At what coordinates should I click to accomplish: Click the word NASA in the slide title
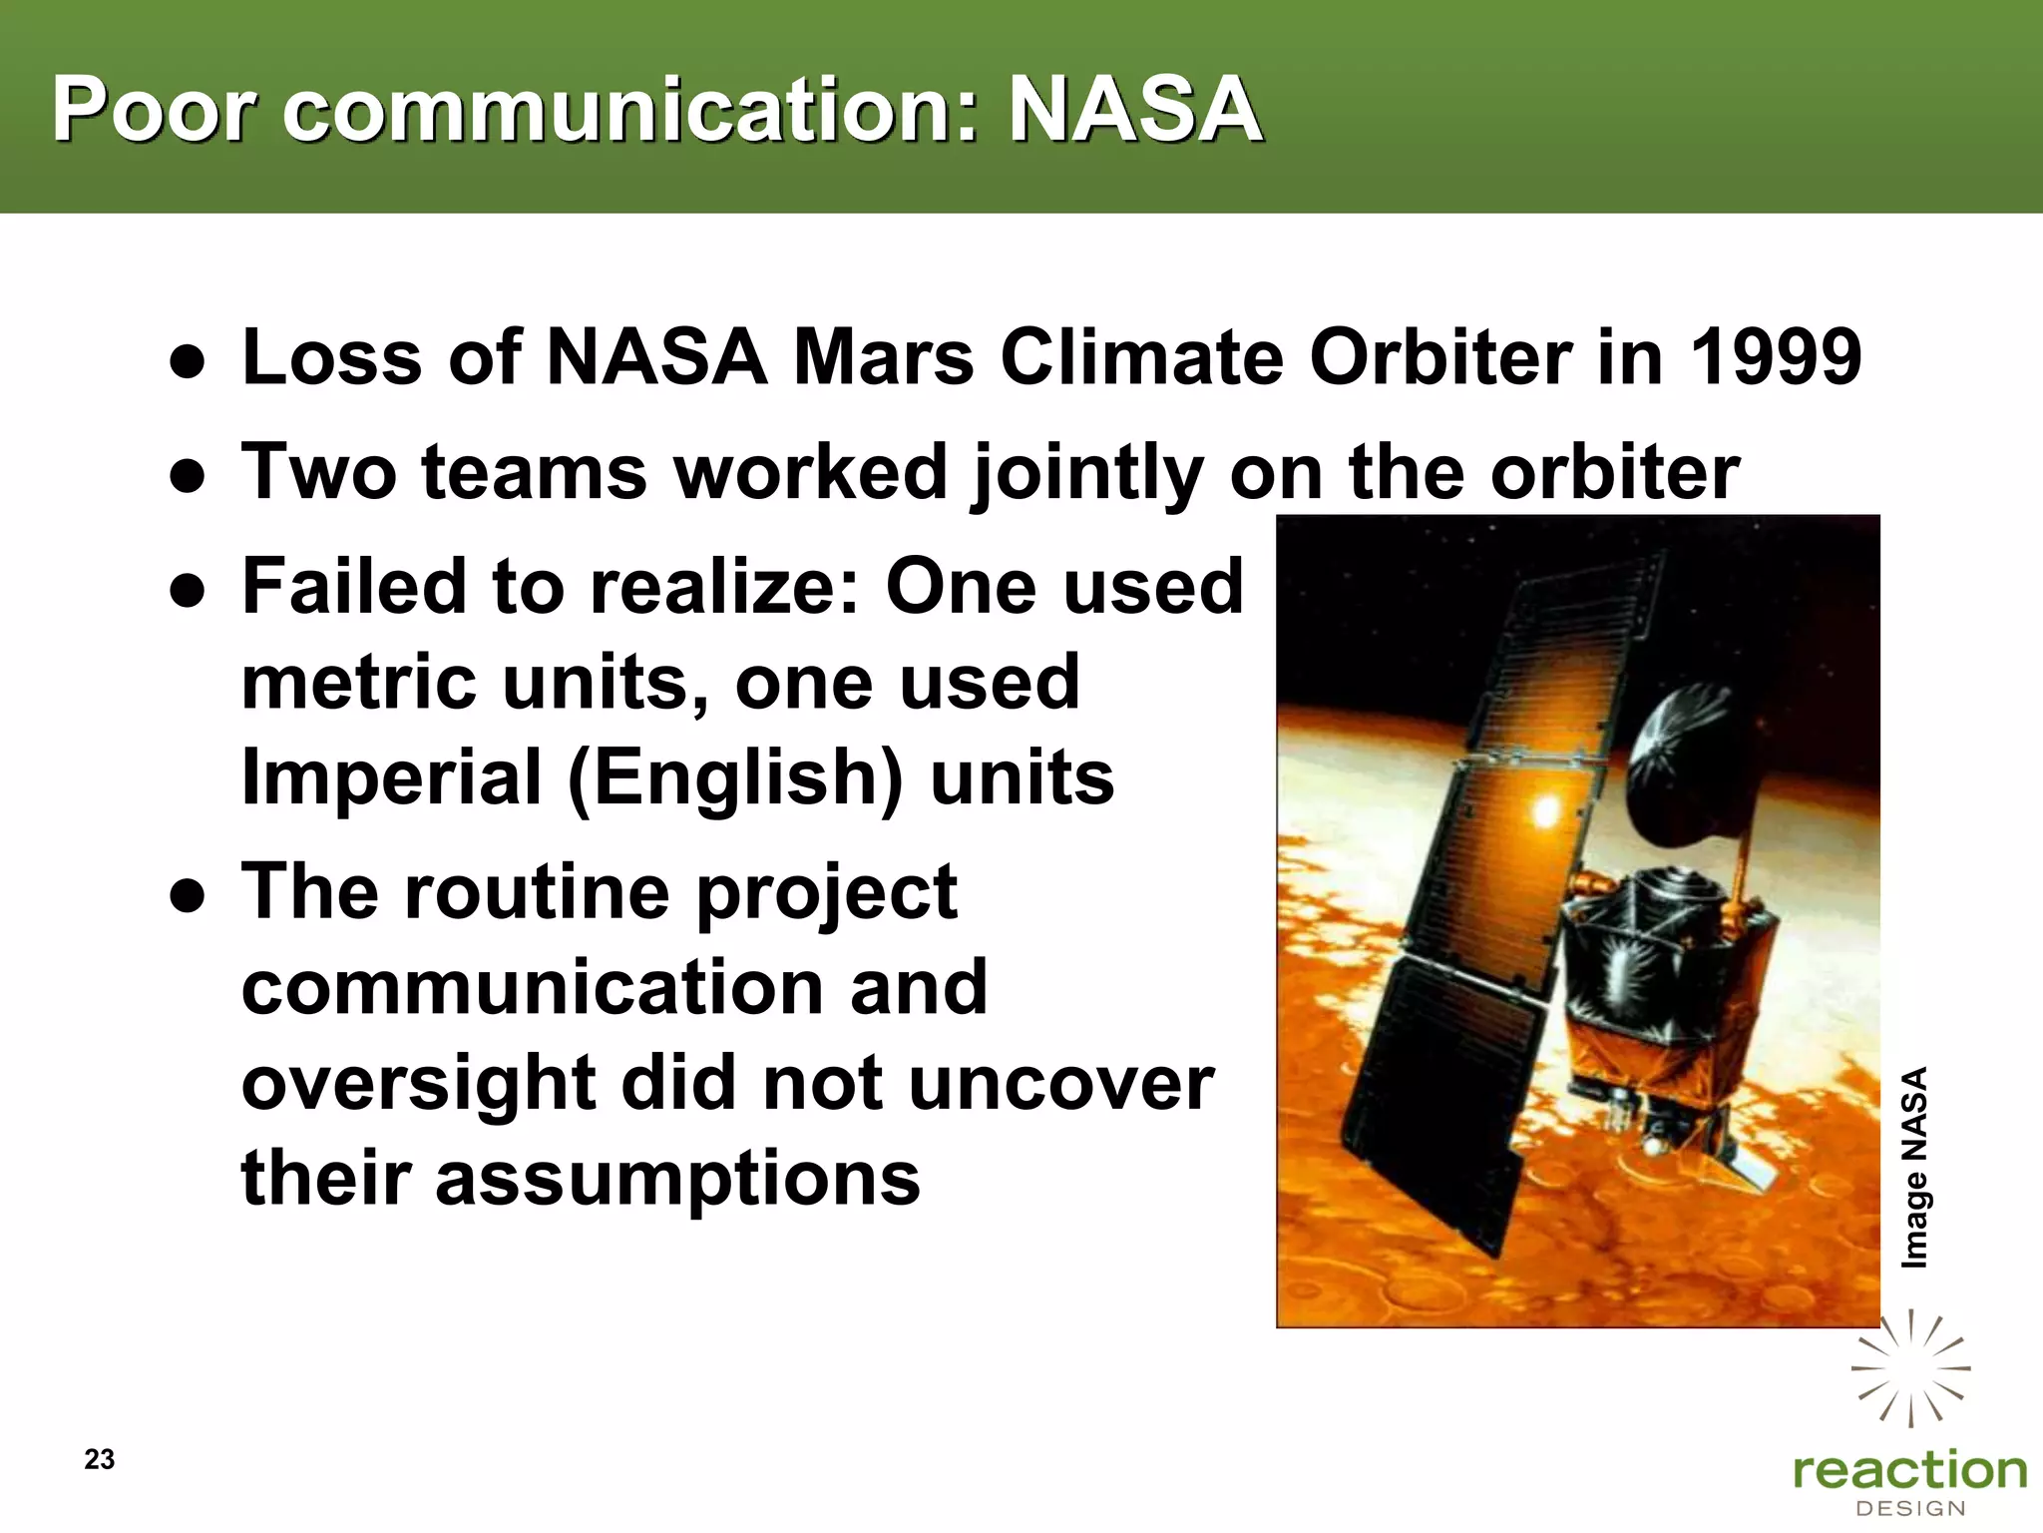pos(1135,110)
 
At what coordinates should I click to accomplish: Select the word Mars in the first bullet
pos(882,357)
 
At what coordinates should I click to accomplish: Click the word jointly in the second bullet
pos(1087,473)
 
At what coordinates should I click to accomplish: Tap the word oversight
pos(417,1084)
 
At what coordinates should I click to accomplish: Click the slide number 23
pos(100,1459)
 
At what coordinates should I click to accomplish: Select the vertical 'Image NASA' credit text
pos(1913,1168)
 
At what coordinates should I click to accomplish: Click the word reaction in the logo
pos(1909,1471)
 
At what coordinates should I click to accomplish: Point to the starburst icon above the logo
pos(1909,1367)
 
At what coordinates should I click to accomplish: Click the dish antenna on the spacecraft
pos(1686,759)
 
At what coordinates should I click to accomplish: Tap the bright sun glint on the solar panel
pos(1545,810)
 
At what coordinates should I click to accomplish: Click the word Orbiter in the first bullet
pos(1439,357)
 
